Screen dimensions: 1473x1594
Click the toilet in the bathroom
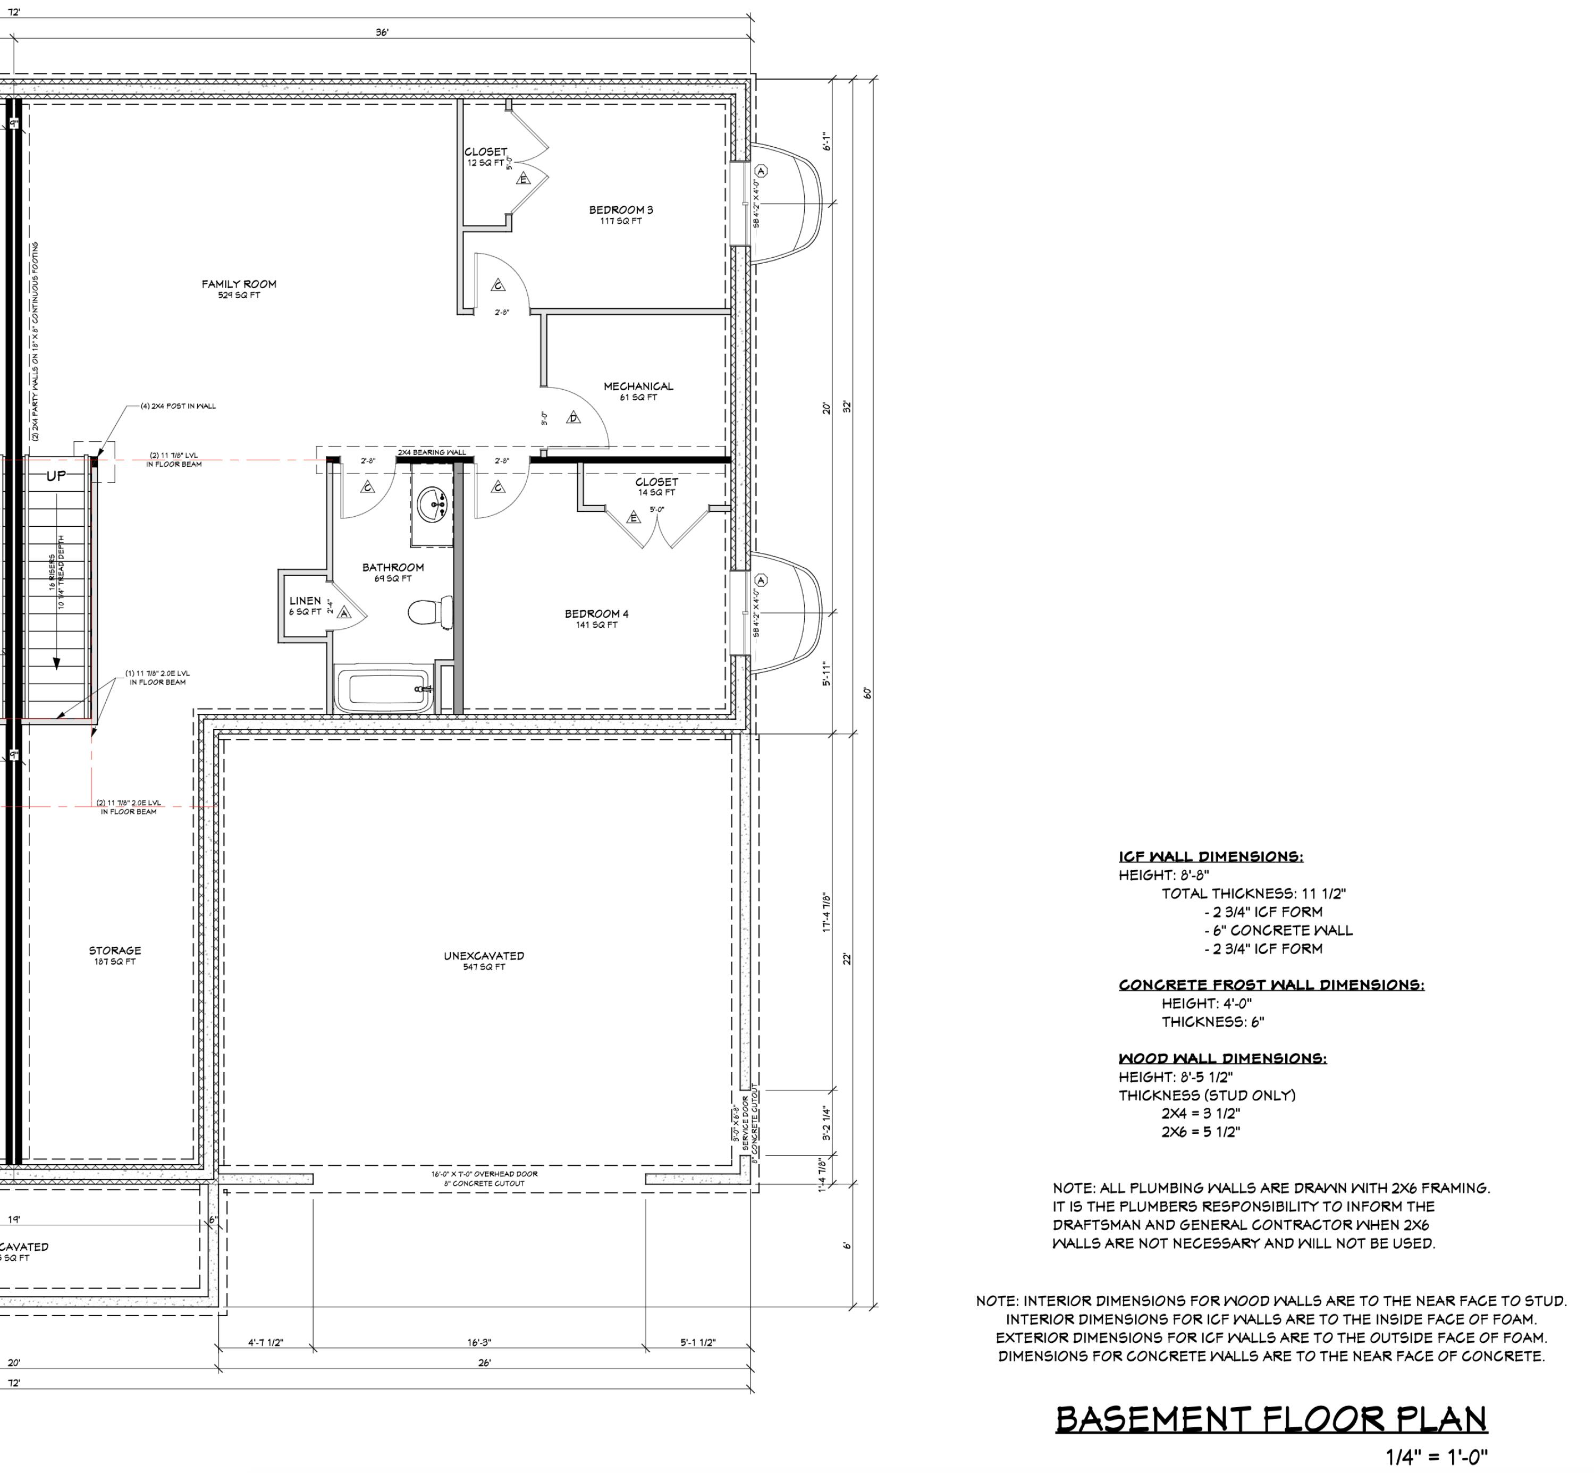429,612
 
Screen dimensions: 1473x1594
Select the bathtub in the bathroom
383,689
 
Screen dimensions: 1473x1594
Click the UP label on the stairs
56,476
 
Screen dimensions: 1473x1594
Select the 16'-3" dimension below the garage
479,1342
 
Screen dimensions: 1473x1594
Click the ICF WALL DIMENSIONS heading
1211,857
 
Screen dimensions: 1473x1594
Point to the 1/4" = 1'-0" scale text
1436,1457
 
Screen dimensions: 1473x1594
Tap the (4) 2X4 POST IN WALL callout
178,406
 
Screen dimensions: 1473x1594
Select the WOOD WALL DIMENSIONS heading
1222,1058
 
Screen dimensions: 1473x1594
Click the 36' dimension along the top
382,32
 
